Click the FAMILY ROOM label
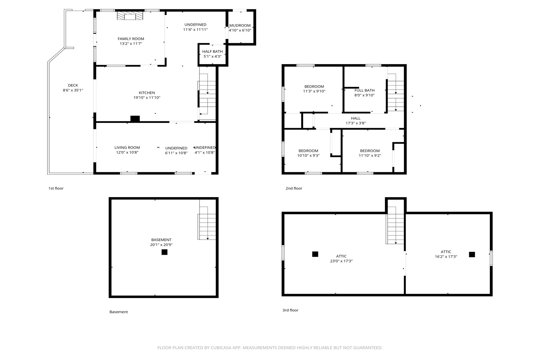pos(131,39)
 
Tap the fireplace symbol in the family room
pos(130,16)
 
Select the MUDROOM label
pos(240,25)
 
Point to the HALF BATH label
pos(212,52)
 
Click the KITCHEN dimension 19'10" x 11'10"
pos(147,97)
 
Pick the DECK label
pos(73,85)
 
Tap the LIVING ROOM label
pos(127,148)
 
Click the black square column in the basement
pos(164,252)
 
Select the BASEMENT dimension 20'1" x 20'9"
pos(161,244)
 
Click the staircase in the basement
pos(207,223)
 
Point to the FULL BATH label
pos(364,90)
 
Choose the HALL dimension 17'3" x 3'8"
pos(356,123)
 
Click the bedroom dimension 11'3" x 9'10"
pos(314,91)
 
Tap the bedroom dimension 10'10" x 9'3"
pos(308,155)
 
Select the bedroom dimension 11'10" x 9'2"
pos(370,155)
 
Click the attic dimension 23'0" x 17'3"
pos(341,261)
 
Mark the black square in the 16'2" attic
pos(472,254)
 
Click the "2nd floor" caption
pos(294,188)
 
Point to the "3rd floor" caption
pos(290,310)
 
